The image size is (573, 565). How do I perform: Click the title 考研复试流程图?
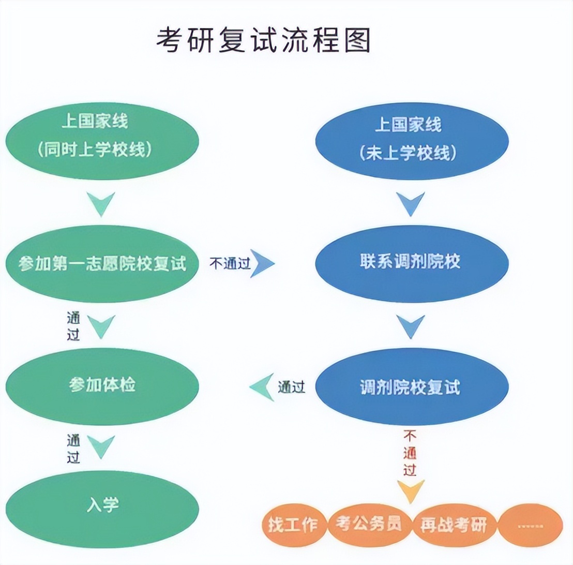(264, 40)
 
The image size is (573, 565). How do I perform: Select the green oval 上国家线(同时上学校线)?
(102, 137)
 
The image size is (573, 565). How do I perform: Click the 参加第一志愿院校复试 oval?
(102, 263)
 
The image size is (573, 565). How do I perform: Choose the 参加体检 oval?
(102, 386)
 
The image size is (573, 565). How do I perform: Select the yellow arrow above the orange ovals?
(411, 491)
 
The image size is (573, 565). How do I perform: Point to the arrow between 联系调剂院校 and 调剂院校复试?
(411, 325)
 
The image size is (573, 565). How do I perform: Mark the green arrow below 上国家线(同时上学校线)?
(101, 203)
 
